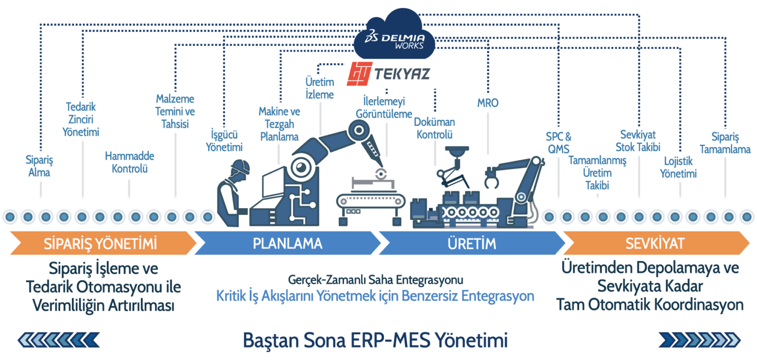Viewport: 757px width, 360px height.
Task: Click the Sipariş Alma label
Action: point(39,167)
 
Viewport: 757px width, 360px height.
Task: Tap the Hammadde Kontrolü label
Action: point(130,162)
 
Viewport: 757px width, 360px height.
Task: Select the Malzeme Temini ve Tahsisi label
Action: point(175,111)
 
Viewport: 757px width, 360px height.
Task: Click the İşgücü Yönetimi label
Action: point(224,141)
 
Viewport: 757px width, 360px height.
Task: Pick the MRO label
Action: point(488,103)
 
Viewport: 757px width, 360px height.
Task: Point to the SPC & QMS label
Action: point(558,142)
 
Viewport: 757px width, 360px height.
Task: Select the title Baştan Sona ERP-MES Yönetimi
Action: point(375,340)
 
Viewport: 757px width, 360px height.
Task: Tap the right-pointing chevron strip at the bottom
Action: point(700,340)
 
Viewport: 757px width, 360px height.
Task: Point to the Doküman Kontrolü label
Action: point(434,128)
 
